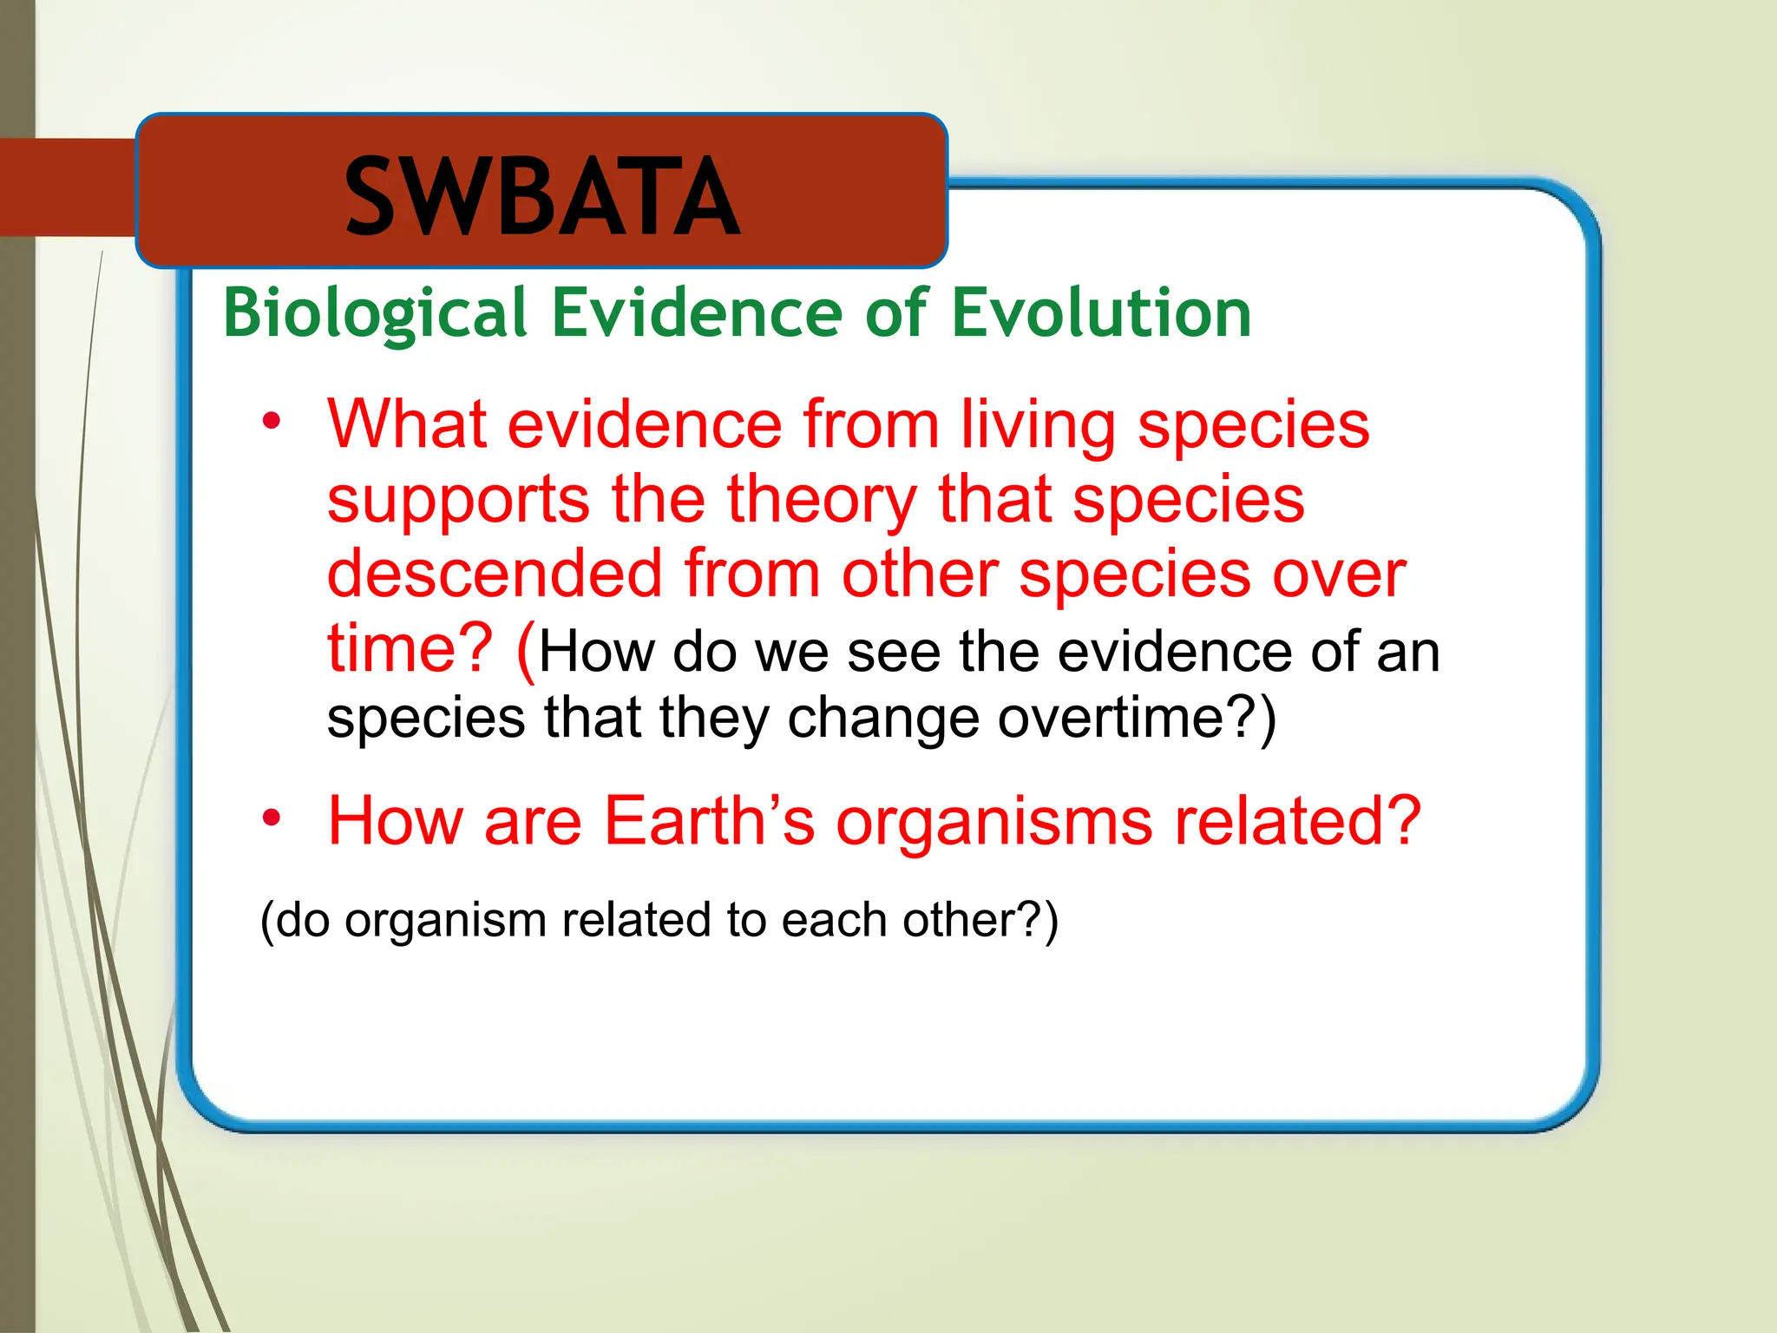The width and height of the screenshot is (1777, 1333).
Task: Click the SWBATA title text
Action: click(542, 197)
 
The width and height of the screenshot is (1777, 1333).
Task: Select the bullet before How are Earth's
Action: click(272, 818)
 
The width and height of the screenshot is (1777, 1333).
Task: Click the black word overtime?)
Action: click(1136, 719)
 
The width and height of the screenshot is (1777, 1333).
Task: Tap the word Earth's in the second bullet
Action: click(709, 820)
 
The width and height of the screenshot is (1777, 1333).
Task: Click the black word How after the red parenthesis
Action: click(596, 653)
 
